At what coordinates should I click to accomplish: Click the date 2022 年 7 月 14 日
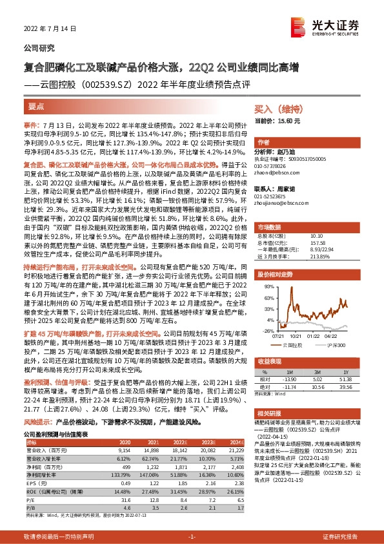point(45,28)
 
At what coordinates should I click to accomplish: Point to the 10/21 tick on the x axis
point(298,336)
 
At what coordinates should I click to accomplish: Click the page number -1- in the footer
point(191,537)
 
